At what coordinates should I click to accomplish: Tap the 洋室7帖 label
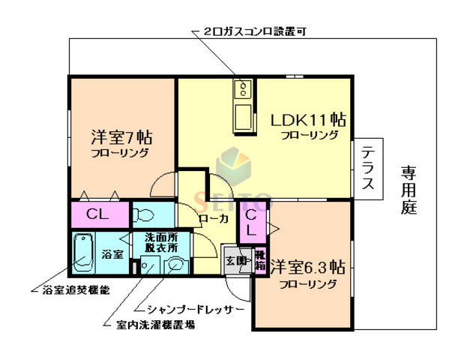click(x=122, y=137)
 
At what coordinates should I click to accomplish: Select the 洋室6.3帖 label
click(x=308, y=267)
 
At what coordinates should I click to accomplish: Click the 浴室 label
click(x=112, y=253)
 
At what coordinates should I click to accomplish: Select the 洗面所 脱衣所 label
click(x=161, y=242)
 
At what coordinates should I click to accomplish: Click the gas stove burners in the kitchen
click(x=243, y=91)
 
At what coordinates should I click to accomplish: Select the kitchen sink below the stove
click(x=243, y=117)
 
